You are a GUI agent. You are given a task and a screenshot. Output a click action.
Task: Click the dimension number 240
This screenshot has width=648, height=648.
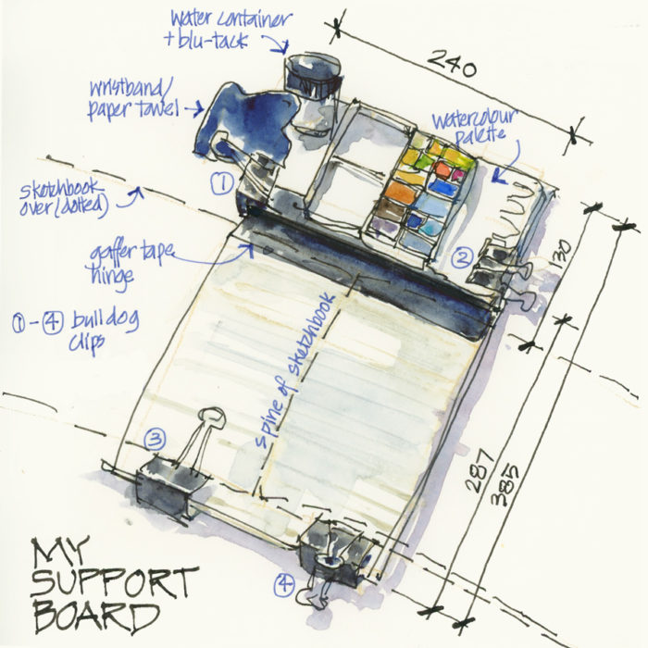click(452, 64)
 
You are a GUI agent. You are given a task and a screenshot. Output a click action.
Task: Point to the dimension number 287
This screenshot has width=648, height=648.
click(480, 470)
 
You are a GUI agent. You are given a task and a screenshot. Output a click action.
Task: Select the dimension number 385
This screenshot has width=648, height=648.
click(505, 486)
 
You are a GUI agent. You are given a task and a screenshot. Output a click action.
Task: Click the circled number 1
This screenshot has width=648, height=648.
click(222, 182)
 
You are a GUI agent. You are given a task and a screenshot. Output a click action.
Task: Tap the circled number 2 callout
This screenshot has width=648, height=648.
click(462, 257)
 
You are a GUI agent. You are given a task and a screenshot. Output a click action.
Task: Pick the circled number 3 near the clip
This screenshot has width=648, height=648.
click(156, 439)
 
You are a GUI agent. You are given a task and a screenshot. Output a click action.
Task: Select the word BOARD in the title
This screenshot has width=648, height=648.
click(97, 617)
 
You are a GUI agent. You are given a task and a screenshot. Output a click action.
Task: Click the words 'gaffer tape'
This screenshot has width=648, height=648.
click(131, 254)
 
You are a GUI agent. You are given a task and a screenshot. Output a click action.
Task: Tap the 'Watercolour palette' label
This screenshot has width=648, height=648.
click(475, 125)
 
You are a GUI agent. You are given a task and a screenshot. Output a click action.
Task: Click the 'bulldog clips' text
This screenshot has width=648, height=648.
click(104, 330)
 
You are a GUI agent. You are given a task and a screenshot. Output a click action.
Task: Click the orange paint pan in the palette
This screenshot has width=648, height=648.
click(399, 192)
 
